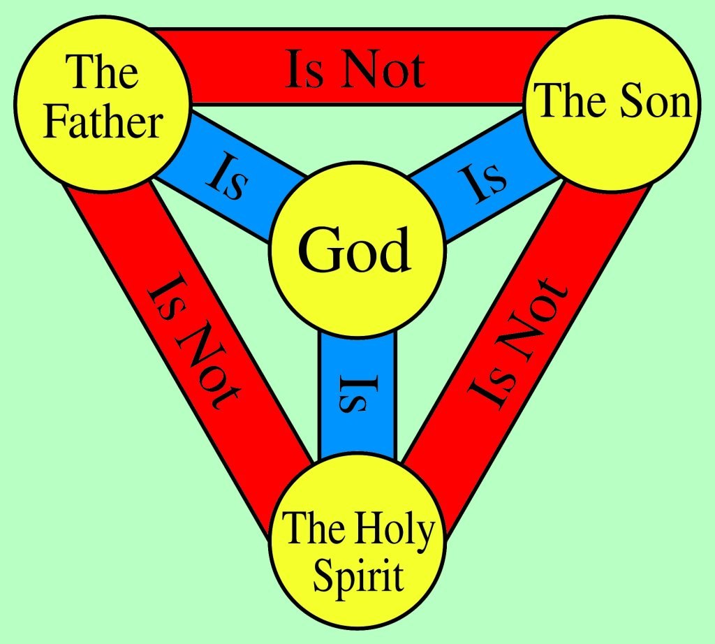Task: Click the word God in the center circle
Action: [x=355, y=249]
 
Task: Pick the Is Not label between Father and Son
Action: [x=355, y=69]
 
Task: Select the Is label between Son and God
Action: [x=482, y=182]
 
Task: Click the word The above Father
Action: [x=102, y=71]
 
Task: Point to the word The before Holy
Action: [x=314, y=528]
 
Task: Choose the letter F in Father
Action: [x=54, y=122]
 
